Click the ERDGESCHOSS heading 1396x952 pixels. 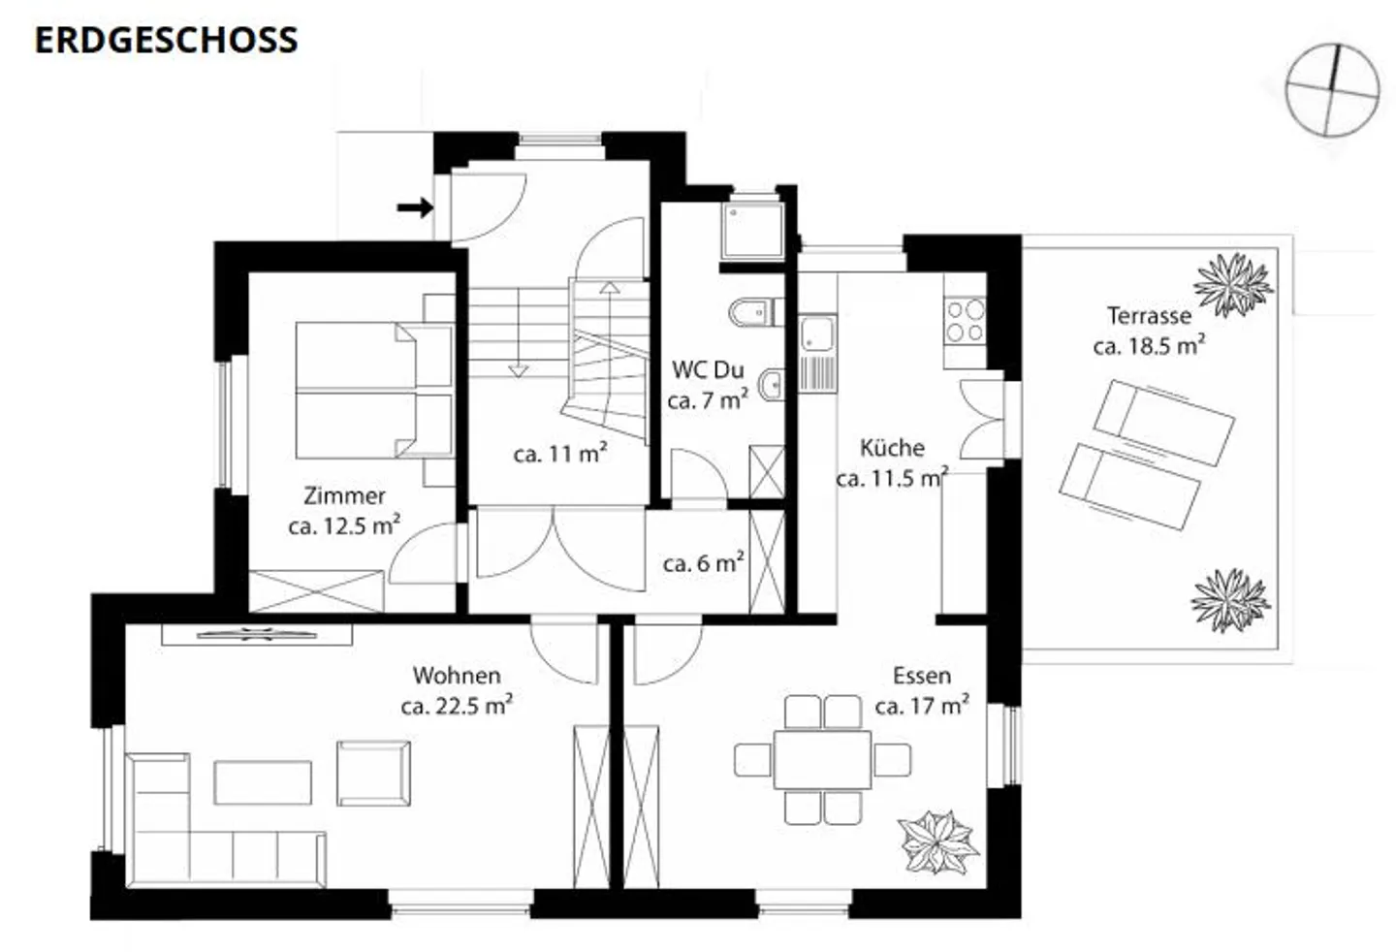[166, 40]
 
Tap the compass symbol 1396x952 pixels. [1332, 89]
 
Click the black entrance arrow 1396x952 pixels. [415, 207]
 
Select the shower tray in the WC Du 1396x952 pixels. [751, 231]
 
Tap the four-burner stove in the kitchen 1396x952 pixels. [965, 321]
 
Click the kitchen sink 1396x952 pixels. [817, 335]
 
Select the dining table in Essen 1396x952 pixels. [822, 760]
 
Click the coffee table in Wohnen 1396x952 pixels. [263, 782]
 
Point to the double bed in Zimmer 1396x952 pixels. [372, 391]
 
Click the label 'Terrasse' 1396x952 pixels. [1149, 315]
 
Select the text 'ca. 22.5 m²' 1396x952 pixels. [457, 706]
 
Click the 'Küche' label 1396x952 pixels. [892, 448]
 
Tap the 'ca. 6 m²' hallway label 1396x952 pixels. [703, 563]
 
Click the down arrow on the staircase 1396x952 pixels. [518, 369]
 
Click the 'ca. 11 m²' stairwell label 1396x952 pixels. [560, 454]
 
